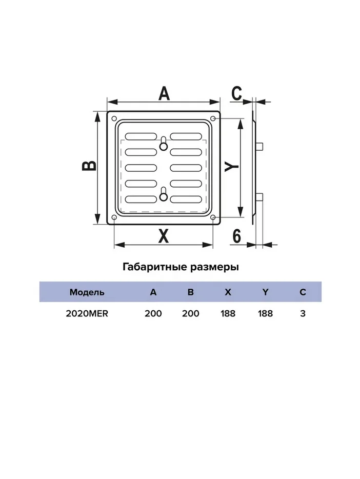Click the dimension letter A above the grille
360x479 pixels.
click(164, 93)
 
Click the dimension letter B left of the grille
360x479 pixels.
click(89, 166)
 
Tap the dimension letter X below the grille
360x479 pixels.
click(164, 236)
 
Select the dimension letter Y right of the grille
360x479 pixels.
click(232, 167)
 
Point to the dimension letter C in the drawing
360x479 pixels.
click(236, 93)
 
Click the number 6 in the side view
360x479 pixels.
click(236, 236)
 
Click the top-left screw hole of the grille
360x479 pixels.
click(114, 118)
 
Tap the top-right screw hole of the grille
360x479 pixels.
click(213, 118)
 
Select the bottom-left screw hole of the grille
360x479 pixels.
click(114, 217)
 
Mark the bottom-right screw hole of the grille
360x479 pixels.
click(213, 217)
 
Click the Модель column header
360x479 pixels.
click(87, 292)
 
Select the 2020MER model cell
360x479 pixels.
click(87, 314)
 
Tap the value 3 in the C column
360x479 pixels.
click(303, 314)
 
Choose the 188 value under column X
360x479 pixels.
click(228, 314)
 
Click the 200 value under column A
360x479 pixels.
click(153, 314)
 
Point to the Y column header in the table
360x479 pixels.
click(265, 292)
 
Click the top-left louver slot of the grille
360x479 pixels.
click(141, 136)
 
